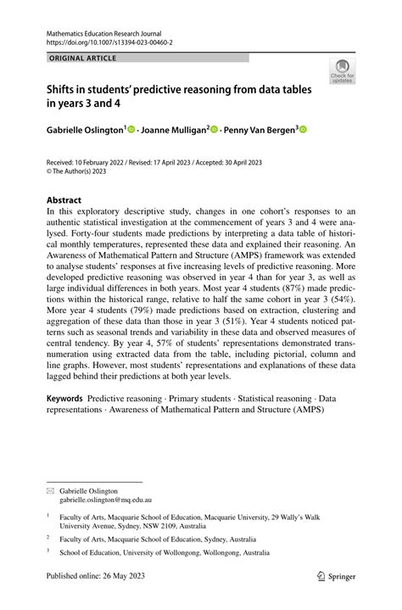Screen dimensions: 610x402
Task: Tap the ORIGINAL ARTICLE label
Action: tap(81, 58)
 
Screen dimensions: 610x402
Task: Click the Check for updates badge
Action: tap(343, 71)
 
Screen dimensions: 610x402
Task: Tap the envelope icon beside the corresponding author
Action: tap(51, 490)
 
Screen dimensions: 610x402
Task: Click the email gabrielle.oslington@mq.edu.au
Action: tap(105, 501)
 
